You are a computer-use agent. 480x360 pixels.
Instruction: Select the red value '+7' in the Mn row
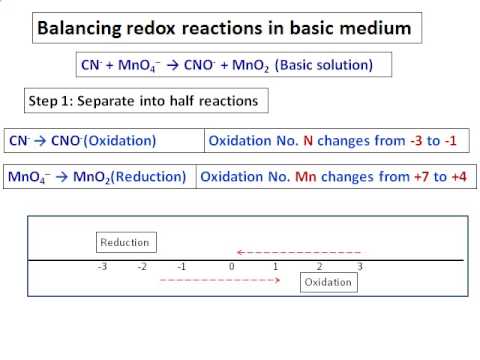(x=424, y=177)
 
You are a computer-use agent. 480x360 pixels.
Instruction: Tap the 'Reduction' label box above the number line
(x=125, y=242)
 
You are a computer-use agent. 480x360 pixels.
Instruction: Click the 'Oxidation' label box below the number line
(x=328, y=282)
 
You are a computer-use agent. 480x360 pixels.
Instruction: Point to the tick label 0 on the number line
(x=231, y=267)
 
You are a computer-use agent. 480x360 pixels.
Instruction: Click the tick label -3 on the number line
(x=102, y=267)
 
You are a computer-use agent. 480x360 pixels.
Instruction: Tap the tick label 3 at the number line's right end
(x=360, y=267)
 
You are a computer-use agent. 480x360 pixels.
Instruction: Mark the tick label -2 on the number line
(x=142, y=267)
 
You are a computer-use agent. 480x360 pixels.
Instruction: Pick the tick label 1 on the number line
(x=275, y=267)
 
